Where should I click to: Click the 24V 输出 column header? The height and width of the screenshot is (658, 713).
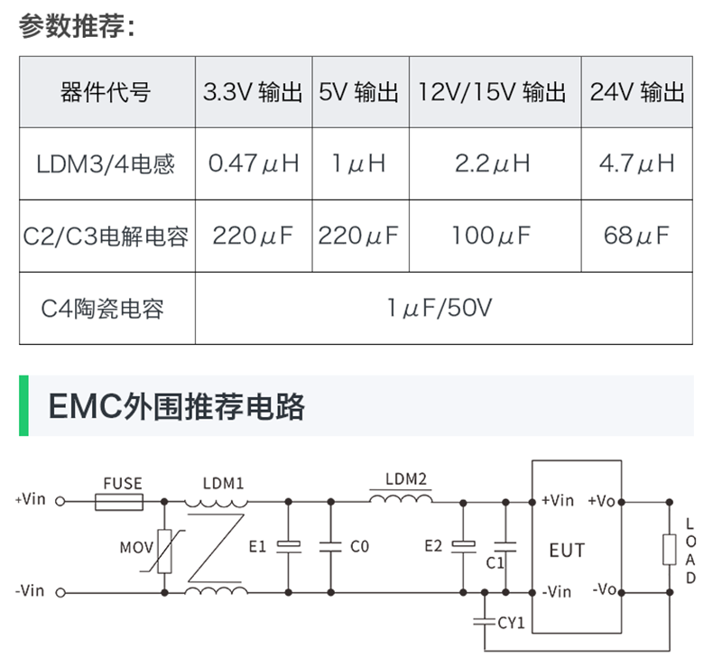pos(637,92)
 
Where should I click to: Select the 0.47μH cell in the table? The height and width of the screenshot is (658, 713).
pos(254,163)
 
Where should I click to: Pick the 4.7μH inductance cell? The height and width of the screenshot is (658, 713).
pos(637,163)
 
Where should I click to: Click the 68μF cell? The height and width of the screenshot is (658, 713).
pos(637,236)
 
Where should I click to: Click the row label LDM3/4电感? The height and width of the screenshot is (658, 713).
pos(106,164)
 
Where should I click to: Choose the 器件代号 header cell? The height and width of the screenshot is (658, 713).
pos(106,92)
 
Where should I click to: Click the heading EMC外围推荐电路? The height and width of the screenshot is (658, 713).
pos(176,406)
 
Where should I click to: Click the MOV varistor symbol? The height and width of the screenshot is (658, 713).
pos(165,548)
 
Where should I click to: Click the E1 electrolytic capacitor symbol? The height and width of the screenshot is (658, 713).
pos(288,546)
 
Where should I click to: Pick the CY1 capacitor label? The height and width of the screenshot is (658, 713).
pos(512,623)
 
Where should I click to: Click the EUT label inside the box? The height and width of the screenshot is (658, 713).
pos(567,550)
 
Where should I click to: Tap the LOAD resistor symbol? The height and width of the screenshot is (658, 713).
pos(669,549)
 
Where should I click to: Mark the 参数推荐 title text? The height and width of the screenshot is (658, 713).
pos(77,26)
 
